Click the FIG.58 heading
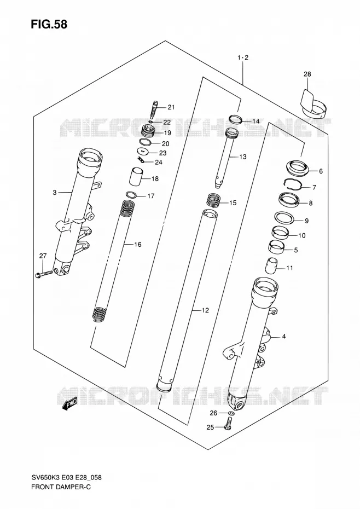[x=49, y=24]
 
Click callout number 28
[x=307, y=74]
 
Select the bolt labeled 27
[x=43, y=273]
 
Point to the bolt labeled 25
[x=228, y=424]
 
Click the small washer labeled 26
[x=231, y=413]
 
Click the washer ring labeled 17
[x=131, y=195]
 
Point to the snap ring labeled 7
[x=293, y=184]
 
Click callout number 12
[x=205, y=311]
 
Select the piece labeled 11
[x=272, y=266]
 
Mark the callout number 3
[x=55, y=193]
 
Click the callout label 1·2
[x=243, y=58]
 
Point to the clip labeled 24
[x=140, y=160]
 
